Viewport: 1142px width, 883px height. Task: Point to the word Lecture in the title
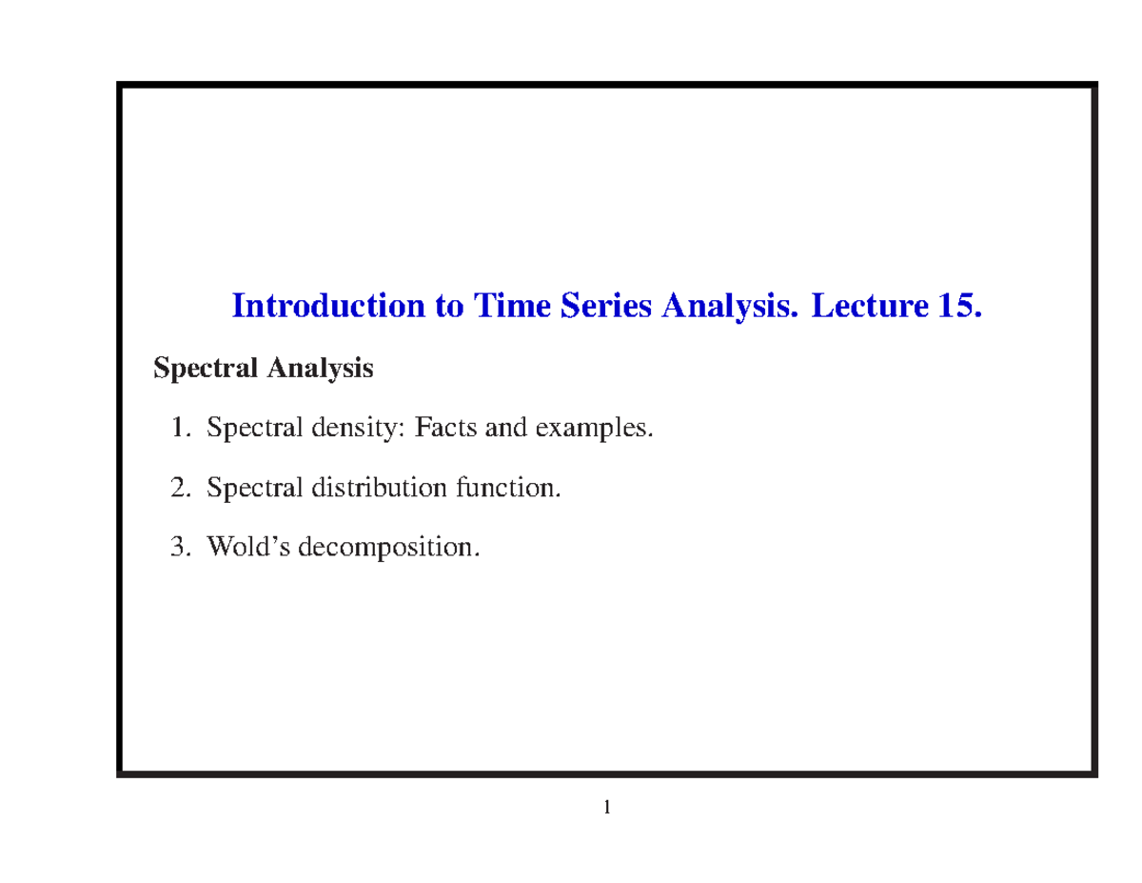(866, 307)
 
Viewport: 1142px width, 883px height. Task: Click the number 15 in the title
(956, 307)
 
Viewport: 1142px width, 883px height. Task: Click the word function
(508, 489)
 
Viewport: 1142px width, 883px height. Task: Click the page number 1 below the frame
(606, 810)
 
